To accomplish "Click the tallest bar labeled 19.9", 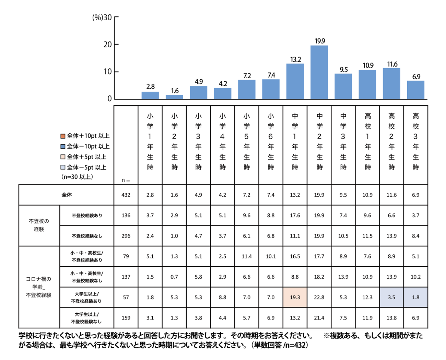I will [x=319, y=72].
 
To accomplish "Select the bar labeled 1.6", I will [x=174, y=97].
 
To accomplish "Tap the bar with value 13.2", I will [x=295, y=81].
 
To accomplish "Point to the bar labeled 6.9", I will [x=415, y=90].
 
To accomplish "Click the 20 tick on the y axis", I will [x=108, y=45].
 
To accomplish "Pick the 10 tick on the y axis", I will [x=108, y=72].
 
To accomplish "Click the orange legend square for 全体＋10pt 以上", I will [x=63, y=136].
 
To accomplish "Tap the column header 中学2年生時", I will [x=319, y=141].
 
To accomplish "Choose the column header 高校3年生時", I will [x=416, y=141].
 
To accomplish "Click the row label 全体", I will [x=67, y=195].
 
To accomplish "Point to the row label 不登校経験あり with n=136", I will [x=87, y=216].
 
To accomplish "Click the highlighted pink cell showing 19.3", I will [x=295, y=298].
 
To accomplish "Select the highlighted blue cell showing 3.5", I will [x=391, y=298].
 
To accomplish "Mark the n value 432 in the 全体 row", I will [x=126, y=195].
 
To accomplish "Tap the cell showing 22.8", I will [x=319, y=298].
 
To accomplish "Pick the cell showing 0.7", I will [x=174, y=277].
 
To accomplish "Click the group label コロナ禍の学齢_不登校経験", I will [x=39, y=287].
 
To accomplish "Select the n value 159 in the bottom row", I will [x=126, y=318].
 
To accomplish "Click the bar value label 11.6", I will [x=392, y=64].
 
